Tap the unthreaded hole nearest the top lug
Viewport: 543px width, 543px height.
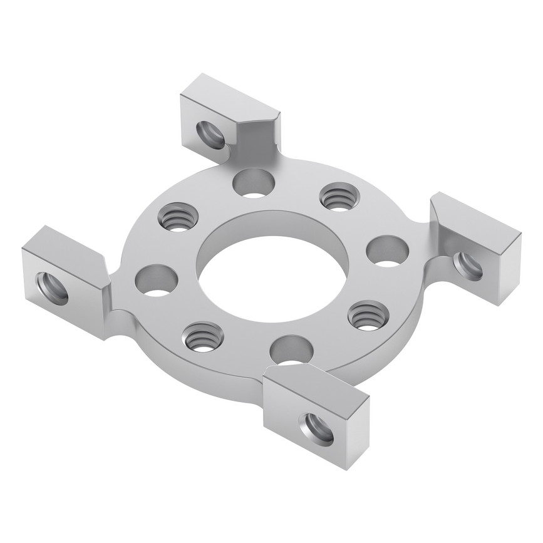click(x=254, y=183)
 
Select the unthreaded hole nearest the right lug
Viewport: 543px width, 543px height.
click(x=387, y=251)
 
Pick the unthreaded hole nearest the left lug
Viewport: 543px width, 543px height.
click(x=156, y=280)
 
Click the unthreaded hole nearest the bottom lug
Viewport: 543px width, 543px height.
click(x=291, y=349)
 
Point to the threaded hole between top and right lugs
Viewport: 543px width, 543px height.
click(x=339, y=197)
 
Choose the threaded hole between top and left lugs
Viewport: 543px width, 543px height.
click(x=178, y=217)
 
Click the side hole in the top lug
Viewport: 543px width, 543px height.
click(x=210, y=135)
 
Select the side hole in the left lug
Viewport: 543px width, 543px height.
click(x=53, y=288)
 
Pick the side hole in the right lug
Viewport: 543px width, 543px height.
click(x=468, y=266)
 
